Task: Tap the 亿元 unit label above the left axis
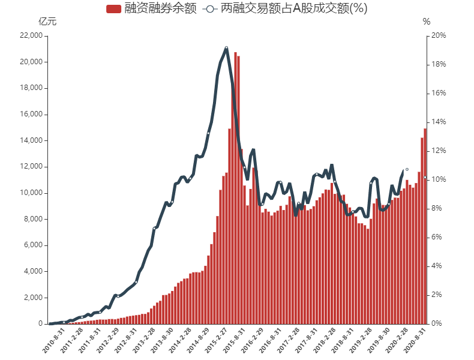point(47,22)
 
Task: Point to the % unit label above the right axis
point(427,22)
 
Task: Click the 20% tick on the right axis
point(438,35)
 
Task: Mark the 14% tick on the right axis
point(438,122)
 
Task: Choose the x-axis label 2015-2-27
point(215,340)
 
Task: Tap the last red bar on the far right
point(425,228)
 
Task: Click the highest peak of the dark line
point(226,47)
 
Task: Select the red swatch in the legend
point(113,8)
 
